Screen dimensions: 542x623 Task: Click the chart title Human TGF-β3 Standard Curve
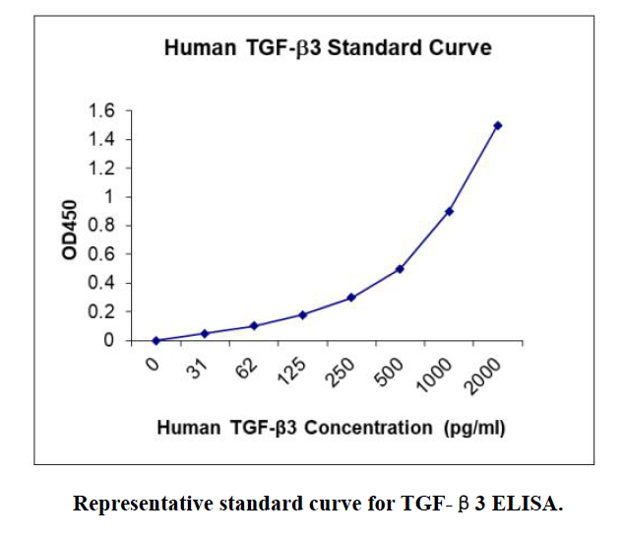point(327,47)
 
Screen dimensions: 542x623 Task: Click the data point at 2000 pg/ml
point(498,125)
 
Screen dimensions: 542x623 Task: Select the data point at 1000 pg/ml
point(449,211)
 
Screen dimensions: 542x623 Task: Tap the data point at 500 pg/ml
point(400,269)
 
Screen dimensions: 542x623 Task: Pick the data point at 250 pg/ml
point(351,298)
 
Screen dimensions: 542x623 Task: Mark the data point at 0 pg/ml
point(156,341)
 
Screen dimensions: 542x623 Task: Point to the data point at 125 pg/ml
point(302,314)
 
